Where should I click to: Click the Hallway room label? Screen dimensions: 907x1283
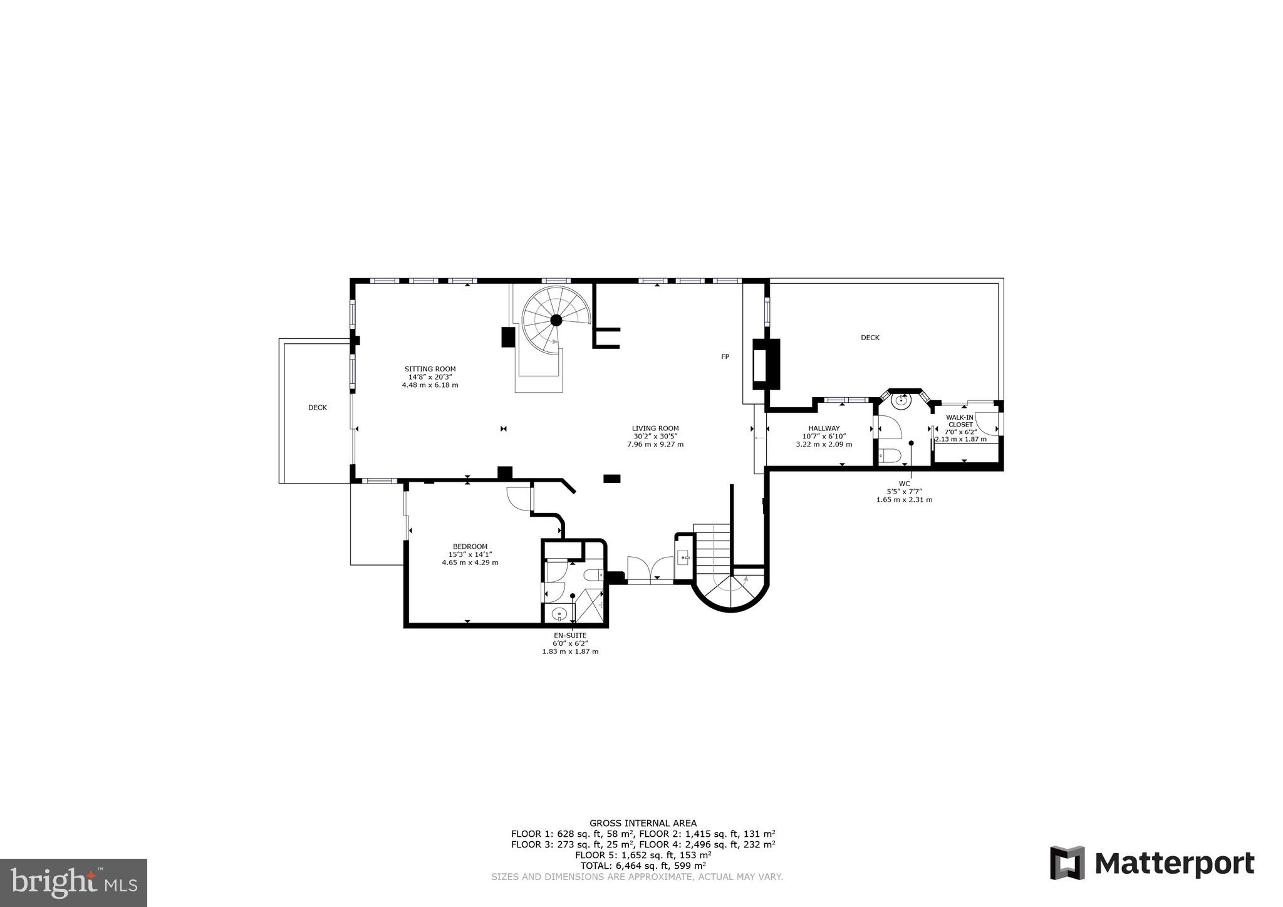823,428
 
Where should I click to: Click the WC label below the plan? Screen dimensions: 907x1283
904,484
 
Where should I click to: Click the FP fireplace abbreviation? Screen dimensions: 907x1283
725,356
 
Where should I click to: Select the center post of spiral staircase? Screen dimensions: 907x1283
555,320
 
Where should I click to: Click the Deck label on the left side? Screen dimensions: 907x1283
317,408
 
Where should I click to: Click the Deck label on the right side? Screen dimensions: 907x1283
870,338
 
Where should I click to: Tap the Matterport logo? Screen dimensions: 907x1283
1151,863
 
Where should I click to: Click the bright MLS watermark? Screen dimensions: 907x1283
73,883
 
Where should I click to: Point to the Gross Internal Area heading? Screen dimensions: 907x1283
642,823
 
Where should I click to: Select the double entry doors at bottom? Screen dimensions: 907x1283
650,569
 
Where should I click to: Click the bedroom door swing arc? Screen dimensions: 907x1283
517,499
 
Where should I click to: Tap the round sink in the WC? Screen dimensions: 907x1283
902,401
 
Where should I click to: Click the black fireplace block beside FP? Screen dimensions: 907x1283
766,364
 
